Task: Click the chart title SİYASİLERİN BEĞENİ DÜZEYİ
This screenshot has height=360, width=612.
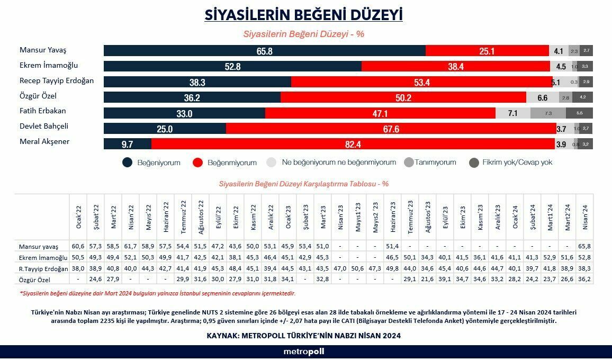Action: click(x=303, y=14)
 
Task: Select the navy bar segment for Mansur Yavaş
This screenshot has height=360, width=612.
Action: click(x=264, y=51)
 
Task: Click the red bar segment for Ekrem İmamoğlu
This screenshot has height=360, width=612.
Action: click(x=455, y=66)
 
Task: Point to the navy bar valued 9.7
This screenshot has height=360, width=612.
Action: click(x=127, y=144)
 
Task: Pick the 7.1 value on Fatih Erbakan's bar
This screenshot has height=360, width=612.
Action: click(x=512, y=113)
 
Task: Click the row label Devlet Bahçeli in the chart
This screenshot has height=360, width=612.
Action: click(x=44, y=127)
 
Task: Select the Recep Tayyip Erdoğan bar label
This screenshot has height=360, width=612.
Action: click(x=57, y=81)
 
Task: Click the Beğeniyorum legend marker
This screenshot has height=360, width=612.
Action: click(x=128, y=163)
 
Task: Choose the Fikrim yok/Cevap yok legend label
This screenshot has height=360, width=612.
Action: click(x=517, y=163)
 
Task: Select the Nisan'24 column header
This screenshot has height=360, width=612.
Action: click(x=584, y=217)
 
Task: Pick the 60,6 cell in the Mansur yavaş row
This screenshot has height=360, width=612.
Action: click(x=78, y=247)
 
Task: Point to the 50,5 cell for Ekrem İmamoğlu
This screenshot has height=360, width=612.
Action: click(x=78, y=257)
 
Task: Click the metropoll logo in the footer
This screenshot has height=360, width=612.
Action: click(x=303, y=352)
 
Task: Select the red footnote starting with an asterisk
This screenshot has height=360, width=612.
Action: click(x=158, y=293)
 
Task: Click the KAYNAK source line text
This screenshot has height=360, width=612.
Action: click(x=303, y=336)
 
